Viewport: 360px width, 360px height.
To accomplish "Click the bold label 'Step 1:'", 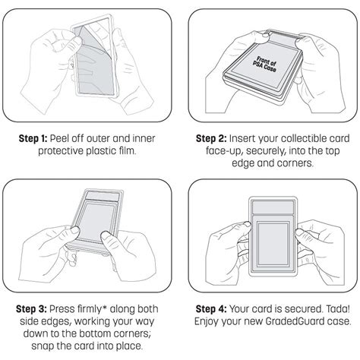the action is coord(33,138).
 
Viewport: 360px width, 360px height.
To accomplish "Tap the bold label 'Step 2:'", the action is coord(211,138).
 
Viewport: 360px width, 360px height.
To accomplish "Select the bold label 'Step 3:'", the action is coord(31,309).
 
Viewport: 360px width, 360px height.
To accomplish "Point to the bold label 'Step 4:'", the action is coord(211,309).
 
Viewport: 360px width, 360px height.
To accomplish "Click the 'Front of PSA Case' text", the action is coord(265,65).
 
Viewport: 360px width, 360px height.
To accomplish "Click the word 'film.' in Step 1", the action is coord(128,151).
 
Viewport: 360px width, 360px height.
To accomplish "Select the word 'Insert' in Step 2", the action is coord(242,138).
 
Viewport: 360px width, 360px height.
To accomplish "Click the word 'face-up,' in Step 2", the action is coord(224,151).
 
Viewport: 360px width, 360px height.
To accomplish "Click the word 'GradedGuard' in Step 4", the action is coord(295,321).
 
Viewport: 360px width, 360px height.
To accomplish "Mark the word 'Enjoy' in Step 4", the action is coord(207,321).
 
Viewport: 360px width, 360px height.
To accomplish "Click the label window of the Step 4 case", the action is coord(273,207).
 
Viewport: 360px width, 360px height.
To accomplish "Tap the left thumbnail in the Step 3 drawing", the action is coord(75,229).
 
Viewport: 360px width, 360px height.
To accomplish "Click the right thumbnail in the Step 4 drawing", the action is coord(300,232).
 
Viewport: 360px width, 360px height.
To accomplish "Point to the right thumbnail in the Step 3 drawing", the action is coord(105,236).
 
